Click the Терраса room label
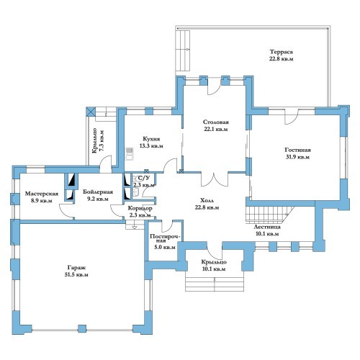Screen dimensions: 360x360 click(x=282, y=52)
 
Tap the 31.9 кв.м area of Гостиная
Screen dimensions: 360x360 click(x=297, y=157)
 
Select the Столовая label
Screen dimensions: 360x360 click(x=216, y=122)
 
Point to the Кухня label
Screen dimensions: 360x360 click(x=151, y=139)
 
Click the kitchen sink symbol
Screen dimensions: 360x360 click(x=130, y=153)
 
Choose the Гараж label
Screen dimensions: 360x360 click(x=76, y=268)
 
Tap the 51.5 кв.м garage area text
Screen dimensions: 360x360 click(x=76, y=275)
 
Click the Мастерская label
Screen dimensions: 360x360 click(x=42, y=194)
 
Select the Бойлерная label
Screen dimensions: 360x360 click(x=98, y=192)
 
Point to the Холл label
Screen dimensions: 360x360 click(x=207, y=200)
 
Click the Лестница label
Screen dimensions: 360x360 click(x=267, y=227)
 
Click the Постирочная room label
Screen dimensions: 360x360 click(x=165, y=238)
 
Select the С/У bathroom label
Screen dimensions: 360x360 click(x=144, y=178)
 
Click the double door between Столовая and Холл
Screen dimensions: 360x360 click(x=215, y=179)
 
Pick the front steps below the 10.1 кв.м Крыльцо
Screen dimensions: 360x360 click(x=215, y=284)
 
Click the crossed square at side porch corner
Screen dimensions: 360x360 click(x=91, y=112)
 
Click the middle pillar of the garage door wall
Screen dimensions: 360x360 click(x=82, y=328)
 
